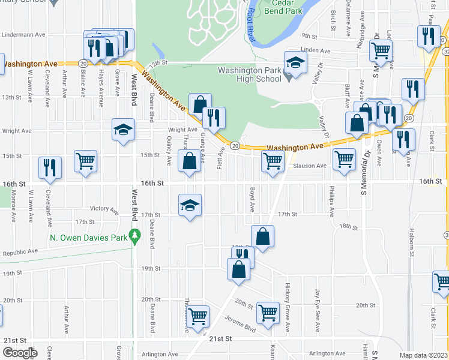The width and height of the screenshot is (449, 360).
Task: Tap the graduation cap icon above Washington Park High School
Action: [x=295, y=62]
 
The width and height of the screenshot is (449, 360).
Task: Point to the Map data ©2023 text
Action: [x=423, y=355]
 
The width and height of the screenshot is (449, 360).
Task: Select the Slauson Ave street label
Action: [x=309, y=166]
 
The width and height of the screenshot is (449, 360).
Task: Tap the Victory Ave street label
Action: [x=104, y=209]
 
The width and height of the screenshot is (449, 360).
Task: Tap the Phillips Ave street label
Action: [x=331, y=202]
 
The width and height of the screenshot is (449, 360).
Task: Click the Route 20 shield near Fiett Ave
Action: [x=235, y=146]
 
